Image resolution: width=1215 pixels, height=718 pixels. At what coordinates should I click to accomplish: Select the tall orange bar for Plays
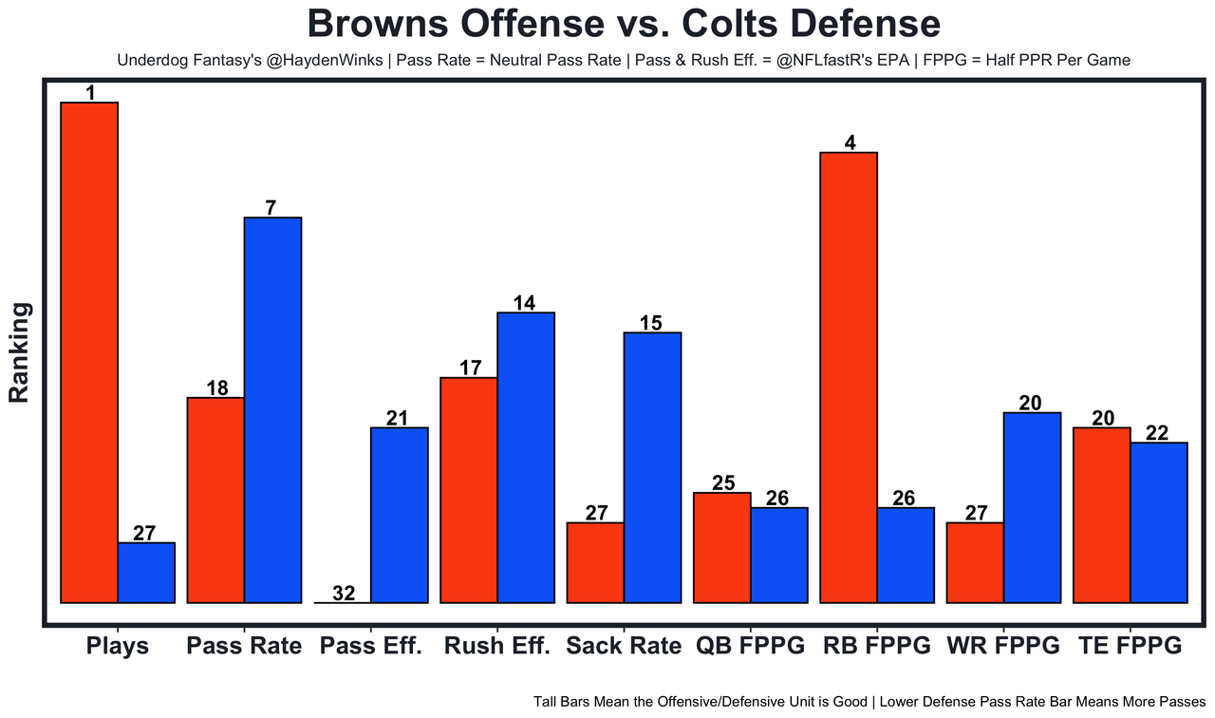[x=89, y=351]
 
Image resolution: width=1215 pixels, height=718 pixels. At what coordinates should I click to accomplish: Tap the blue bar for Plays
[x=146, y=573]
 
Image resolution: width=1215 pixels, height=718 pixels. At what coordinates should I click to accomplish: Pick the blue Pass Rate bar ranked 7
[x=272, y=409]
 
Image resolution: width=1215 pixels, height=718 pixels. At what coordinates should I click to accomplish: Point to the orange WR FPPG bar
[x=975, y=562]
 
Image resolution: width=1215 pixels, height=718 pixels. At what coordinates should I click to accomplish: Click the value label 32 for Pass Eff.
[x=344, y=594]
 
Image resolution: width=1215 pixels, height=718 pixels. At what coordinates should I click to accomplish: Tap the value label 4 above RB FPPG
[x=850, y=143]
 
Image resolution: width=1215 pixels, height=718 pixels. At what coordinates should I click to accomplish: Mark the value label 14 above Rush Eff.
[x=524, y=303]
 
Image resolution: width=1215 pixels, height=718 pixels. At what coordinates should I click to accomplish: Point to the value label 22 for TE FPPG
[x=1159, y=433]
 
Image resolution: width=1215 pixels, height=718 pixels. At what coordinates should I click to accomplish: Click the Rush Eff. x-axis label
[x=496, y=647]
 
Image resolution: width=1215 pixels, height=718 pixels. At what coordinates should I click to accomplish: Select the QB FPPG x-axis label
[x=750, y=647]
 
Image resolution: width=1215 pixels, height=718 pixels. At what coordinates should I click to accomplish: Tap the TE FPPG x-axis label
[x=1130, y=647]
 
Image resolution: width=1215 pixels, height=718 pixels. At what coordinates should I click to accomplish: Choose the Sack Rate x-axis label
[x=624, y=647]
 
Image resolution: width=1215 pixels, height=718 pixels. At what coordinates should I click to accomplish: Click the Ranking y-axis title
[x=20, y=352]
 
